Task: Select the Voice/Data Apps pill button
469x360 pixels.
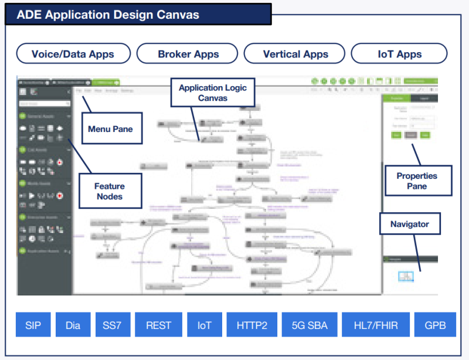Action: pos(73,54)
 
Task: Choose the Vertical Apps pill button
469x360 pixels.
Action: pos(295,54)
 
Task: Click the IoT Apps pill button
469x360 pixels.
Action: pos(399,54)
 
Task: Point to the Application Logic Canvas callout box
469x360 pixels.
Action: pos(213,93)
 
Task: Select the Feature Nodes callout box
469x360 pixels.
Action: pos(110,191)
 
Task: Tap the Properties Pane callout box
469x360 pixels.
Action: pos(417,181)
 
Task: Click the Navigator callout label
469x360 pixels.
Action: pos(410,224)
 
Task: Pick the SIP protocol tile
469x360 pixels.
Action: pos(33,325)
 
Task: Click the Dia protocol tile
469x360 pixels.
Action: pos(73,325)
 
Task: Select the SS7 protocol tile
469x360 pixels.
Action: pos(112,325)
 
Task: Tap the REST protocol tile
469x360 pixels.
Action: pos(159,325)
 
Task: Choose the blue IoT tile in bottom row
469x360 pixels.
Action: pos(205,325)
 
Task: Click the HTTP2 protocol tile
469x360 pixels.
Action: pos(252,325)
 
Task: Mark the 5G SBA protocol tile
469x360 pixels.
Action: pos(307,325)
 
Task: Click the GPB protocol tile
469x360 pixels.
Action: pos(434,325)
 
